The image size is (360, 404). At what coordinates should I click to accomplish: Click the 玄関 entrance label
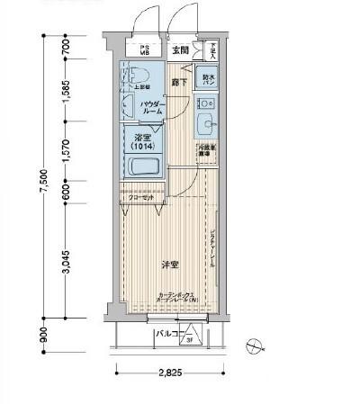pos(181,50)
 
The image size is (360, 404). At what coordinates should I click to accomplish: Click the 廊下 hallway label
pos(179,83)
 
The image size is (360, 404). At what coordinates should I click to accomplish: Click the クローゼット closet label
pos(142,197)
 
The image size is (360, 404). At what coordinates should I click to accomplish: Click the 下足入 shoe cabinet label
pos(211,52)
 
